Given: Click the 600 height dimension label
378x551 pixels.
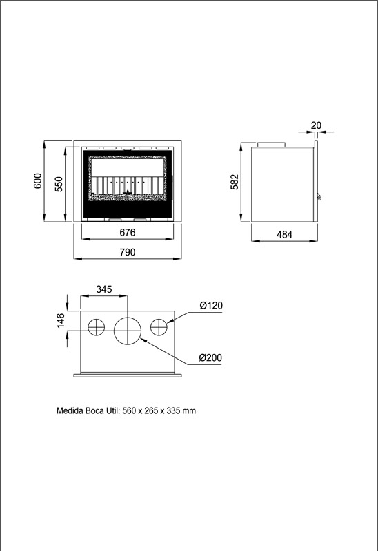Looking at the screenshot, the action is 38,180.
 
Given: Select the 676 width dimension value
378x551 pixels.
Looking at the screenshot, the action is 128,232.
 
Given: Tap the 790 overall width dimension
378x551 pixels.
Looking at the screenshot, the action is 128,252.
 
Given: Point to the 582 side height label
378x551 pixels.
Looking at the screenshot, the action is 235,182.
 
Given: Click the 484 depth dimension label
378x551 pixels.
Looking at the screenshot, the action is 284,234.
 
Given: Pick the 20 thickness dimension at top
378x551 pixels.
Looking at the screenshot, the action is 317,125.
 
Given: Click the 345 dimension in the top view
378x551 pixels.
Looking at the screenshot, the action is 104,289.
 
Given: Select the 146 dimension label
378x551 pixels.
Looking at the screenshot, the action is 61,321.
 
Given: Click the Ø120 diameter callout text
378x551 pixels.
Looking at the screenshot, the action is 211,305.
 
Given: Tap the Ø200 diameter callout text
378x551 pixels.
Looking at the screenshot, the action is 210,357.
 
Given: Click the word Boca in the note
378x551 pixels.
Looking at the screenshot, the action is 94,410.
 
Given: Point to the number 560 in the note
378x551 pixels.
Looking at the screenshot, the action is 129,410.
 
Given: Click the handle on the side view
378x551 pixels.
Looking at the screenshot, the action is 319,197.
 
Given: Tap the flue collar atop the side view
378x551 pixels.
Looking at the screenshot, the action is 271,145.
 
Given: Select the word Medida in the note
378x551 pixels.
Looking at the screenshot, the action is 70,410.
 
